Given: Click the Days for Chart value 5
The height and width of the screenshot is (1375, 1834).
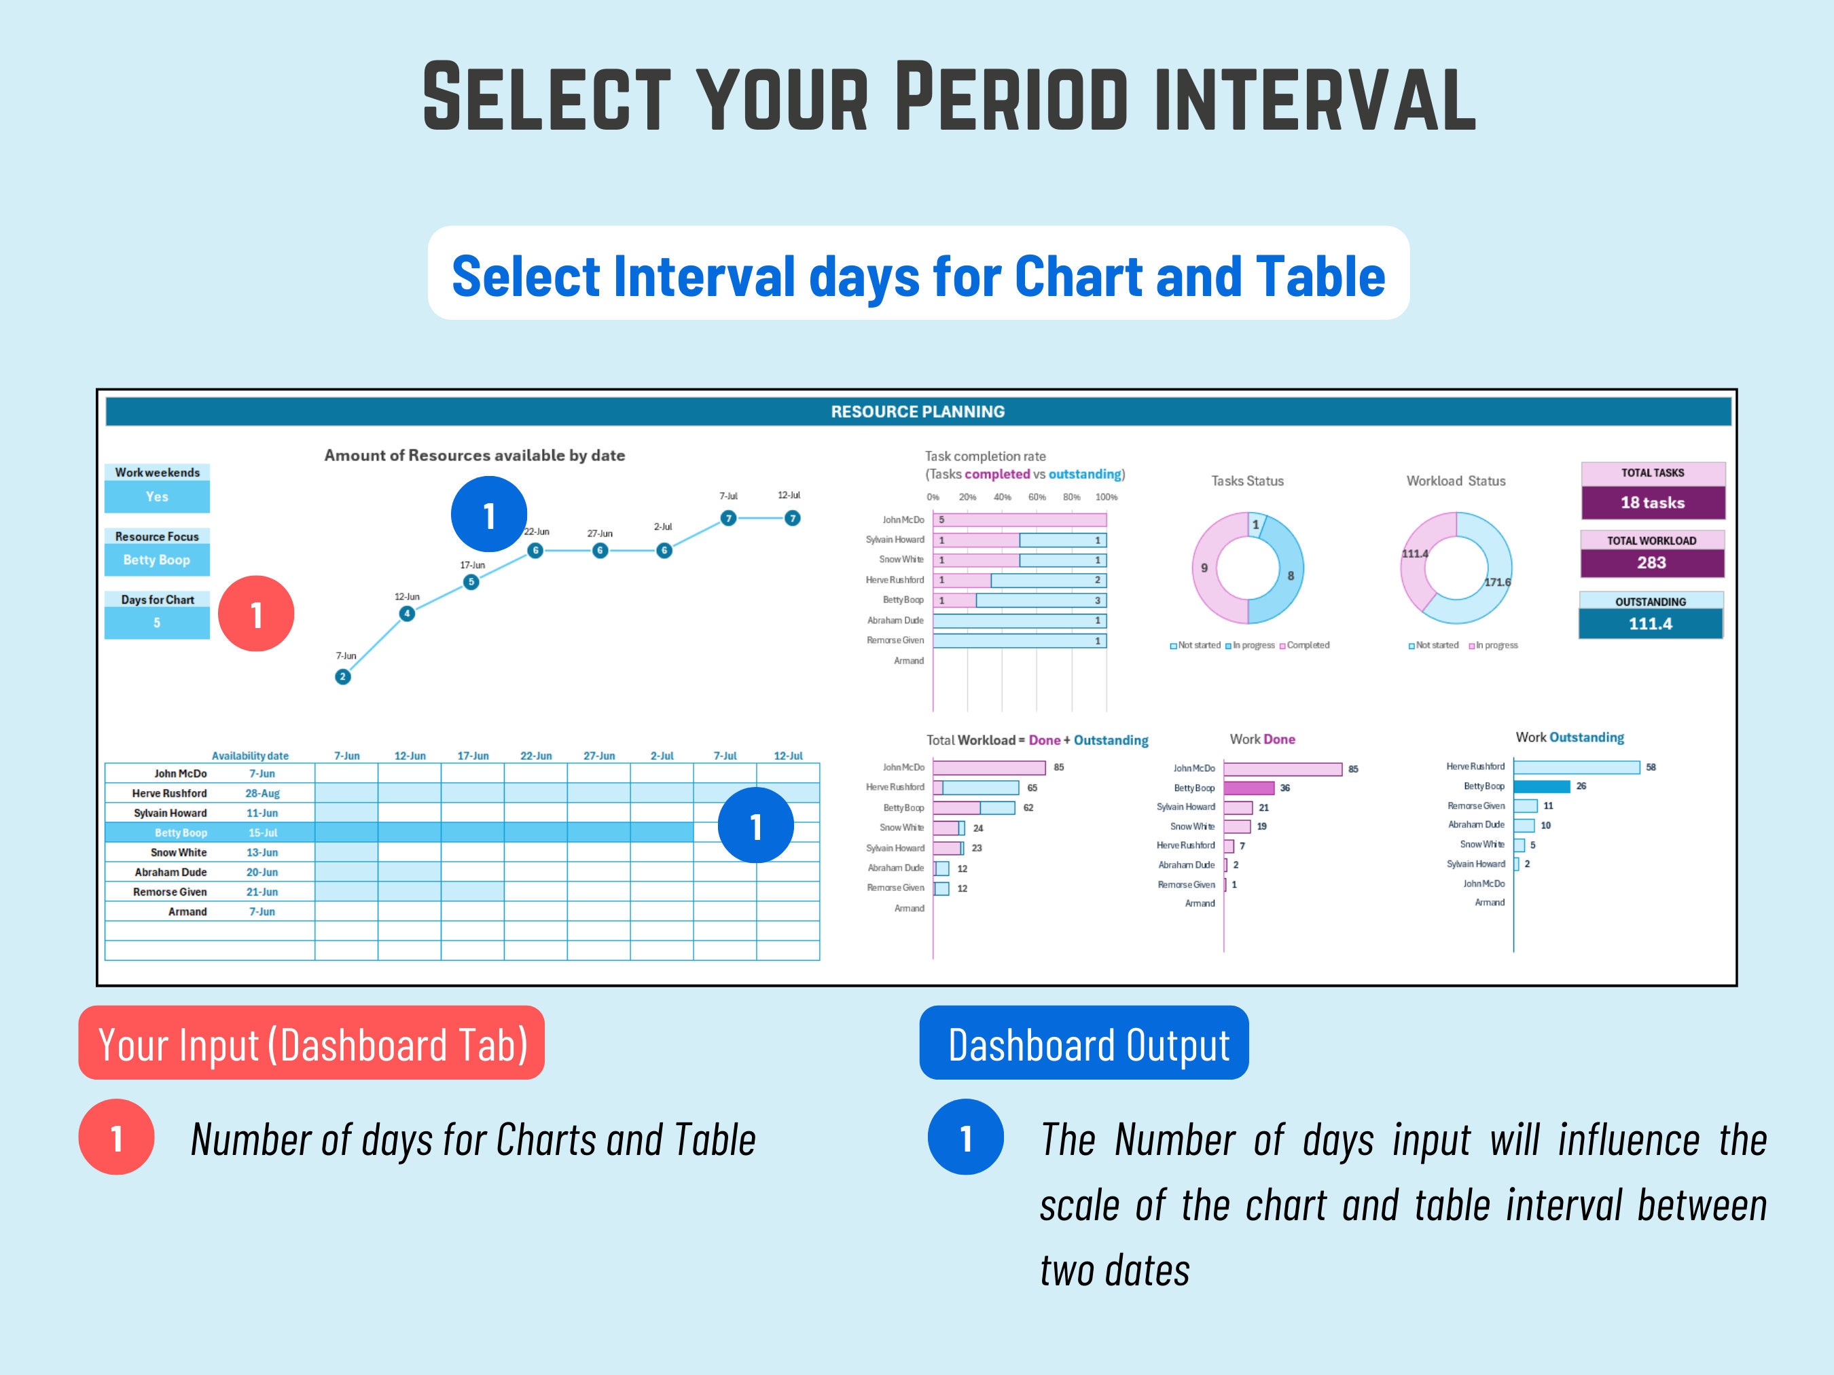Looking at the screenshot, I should pyautogui.click(x=157, y=623).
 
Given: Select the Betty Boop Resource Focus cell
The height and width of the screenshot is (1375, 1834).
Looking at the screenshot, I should pyautogui.click(x=157, y=560).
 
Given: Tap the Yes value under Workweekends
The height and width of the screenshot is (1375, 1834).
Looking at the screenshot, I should pyautogui.click(x=157, y=497).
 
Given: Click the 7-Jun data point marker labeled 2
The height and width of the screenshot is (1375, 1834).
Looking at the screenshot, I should pyautogui.click(x=342, y=677).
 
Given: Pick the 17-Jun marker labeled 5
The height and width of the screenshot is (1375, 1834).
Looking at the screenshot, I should pyautogui.click(x=471, y=582).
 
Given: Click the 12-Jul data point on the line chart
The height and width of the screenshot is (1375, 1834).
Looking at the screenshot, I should pyautogui.click(x=793, y=518).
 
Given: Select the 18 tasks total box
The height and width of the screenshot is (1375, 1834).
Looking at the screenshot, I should pyautogui.click(x=1653, y=502).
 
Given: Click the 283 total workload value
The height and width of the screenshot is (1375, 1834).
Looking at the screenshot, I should pyautogui.click(x=1651, y=563).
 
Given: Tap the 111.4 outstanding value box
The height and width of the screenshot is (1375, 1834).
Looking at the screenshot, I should pyautogui.click(x=1650, y=624).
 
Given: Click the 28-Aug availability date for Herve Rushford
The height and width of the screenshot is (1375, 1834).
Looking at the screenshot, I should pyautogui.click(x=262, y=793).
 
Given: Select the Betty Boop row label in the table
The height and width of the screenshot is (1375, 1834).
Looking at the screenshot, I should pyautogui.click(x=181, y=833).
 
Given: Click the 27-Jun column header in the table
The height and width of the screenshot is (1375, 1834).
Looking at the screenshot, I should pyautogui.click(x=598, y=756).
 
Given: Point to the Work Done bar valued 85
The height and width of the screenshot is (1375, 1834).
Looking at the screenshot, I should pyautogui.click(x=1282, y=769).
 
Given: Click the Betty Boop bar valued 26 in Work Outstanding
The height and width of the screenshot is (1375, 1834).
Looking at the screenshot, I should pyautogui.click(x=1541, y=786).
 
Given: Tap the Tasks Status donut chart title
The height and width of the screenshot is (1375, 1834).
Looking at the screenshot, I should pyautogui.click(x=1247, y=481).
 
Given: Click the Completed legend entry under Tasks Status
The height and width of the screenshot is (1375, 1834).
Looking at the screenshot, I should pyautogui.click(x=1307, y=645).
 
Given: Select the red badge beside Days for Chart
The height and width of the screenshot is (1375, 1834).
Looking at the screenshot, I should pyautogui.click(x=256, y=614).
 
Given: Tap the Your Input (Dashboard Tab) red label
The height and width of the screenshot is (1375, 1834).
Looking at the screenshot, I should pyautogui.click(x=312, y=1044).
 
